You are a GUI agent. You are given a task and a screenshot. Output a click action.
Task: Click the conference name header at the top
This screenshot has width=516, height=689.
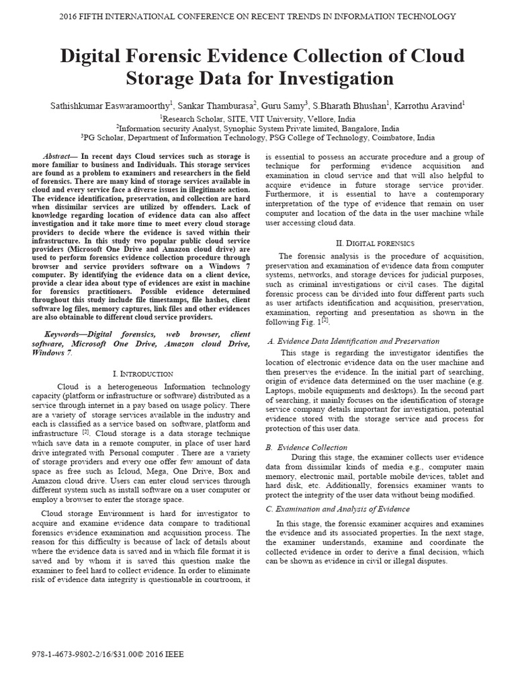258,16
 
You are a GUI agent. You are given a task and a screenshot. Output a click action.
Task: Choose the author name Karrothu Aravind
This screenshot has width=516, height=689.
427,105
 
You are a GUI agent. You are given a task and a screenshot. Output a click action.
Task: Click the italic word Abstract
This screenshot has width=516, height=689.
56,155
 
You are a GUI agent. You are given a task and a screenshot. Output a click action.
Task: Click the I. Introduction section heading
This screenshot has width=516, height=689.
142,373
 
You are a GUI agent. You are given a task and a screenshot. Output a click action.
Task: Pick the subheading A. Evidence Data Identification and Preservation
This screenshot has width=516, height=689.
353,341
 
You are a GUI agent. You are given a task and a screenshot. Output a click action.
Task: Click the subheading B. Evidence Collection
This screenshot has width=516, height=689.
307,447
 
